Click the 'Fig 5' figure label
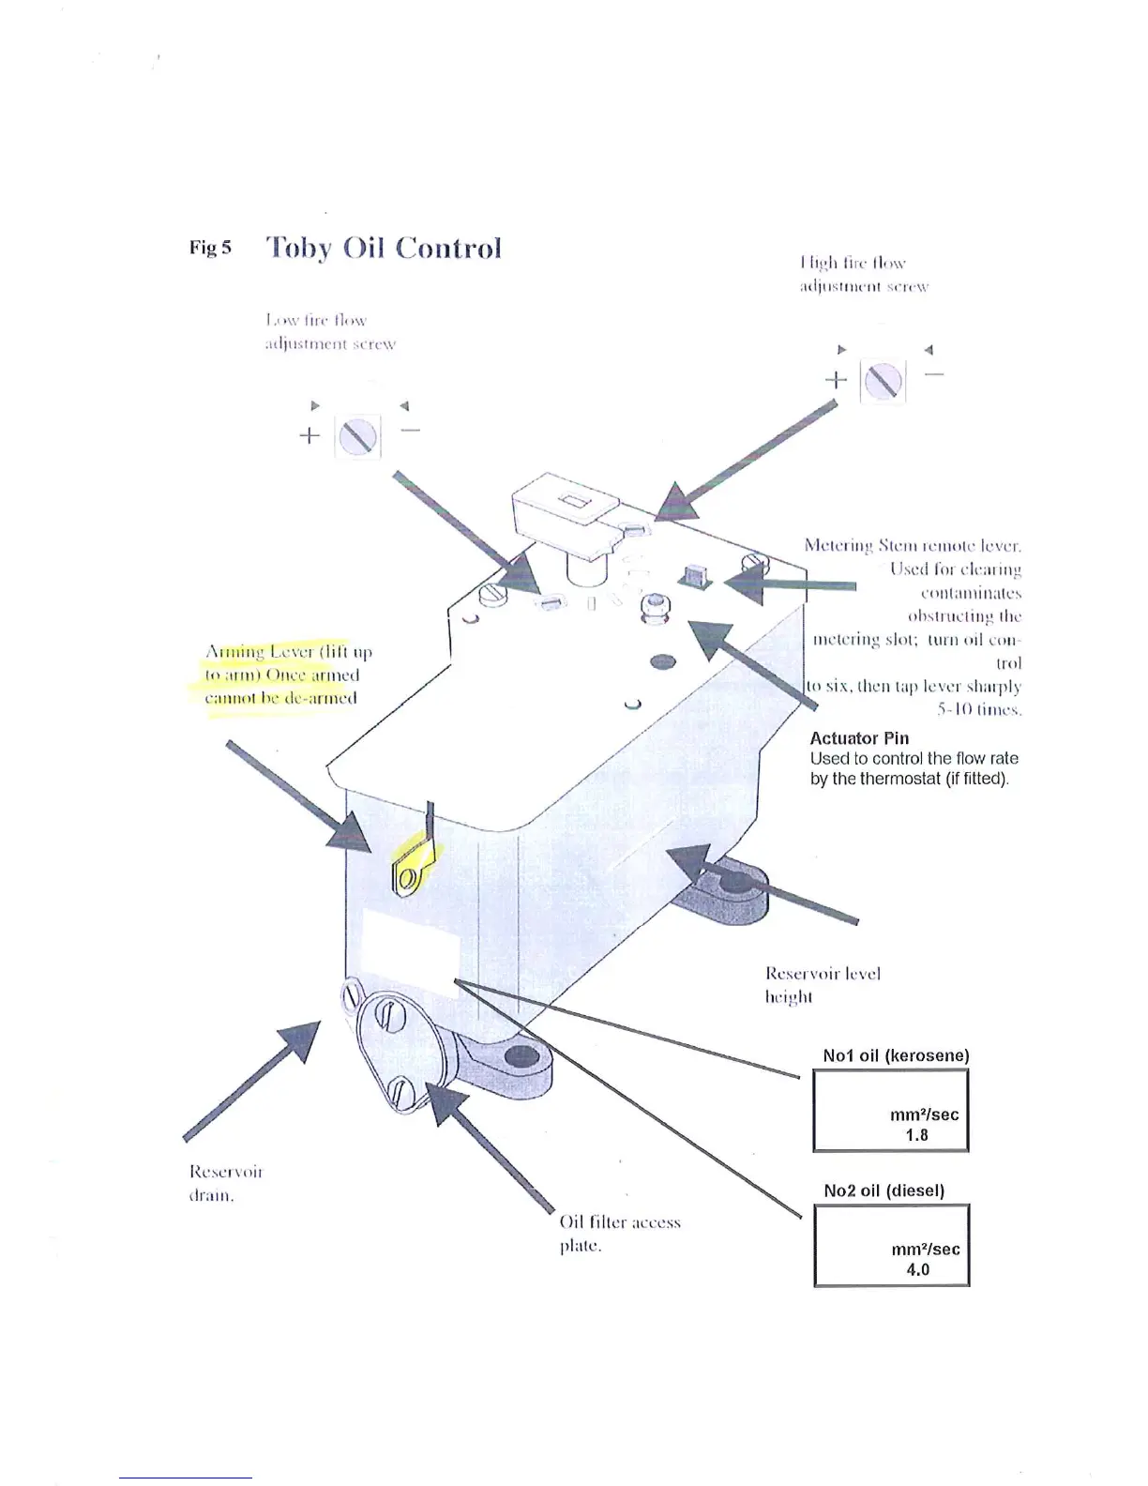210,248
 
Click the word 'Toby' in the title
299,249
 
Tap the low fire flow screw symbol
357,436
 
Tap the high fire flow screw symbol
883,381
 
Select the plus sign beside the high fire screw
835,380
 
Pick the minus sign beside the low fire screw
410,432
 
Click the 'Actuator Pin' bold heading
859,738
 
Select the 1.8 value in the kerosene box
916,1135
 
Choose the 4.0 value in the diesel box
917,1270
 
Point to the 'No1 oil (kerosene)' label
896,1055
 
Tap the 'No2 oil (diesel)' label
884,1190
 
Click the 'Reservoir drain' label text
226,1183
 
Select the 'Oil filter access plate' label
619,1234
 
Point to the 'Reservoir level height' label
823,984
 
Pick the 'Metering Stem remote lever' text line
912,546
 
